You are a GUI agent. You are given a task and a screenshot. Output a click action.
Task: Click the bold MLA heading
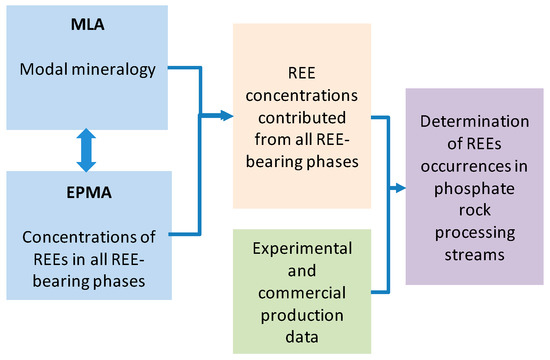[87, 25]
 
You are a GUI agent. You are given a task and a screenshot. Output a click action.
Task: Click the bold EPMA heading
[89, 192]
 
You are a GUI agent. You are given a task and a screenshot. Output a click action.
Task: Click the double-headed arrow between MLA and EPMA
[86, 150]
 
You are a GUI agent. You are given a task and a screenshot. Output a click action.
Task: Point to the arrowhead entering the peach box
[227, 115]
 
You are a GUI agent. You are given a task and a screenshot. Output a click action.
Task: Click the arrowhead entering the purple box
[400, 188]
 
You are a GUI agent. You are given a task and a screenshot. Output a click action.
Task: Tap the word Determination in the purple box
[475, 121]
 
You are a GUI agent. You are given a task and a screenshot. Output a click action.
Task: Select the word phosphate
[475, 189]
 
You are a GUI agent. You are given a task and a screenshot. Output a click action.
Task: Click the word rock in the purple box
[475, 210]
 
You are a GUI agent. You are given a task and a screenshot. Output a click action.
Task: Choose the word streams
[475, 255]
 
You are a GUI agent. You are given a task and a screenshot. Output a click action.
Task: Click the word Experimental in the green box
[302, 249]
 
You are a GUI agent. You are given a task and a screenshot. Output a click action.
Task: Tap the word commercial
[302, 293]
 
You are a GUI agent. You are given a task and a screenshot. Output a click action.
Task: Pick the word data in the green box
[302, 337]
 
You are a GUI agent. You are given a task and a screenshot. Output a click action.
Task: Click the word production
[302, 316]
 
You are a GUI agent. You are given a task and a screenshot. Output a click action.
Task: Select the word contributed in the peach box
[302, 118]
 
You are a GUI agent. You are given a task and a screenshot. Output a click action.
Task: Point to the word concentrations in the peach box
[302, 95]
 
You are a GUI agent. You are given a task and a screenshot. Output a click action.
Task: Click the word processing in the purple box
[475, 234]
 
